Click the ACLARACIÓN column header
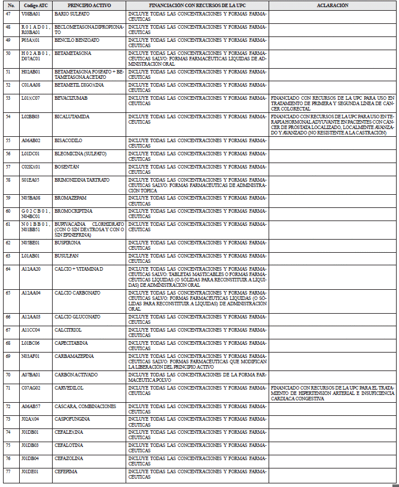tap(333, 5)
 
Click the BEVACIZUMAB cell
tap(71, 97)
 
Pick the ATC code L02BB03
tap(31, 117)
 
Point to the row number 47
tap(8, 13)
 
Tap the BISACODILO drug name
tap(69, 140)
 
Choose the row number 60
tap(8, 211)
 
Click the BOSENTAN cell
tap(68, 167)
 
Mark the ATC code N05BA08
tap(31, 198)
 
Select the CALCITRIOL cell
tap(69, 330)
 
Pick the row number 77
tap(8, 471)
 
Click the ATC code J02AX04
tap(31, 419)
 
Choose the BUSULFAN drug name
tap(68, 256)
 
